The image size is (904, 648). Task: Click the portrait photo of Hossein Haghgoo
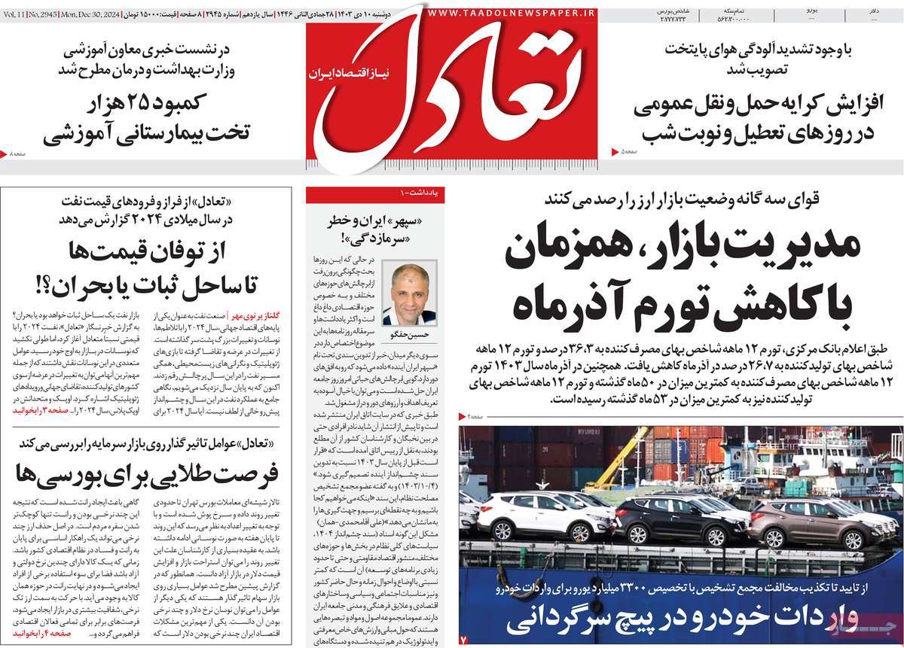pos(409,293)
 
